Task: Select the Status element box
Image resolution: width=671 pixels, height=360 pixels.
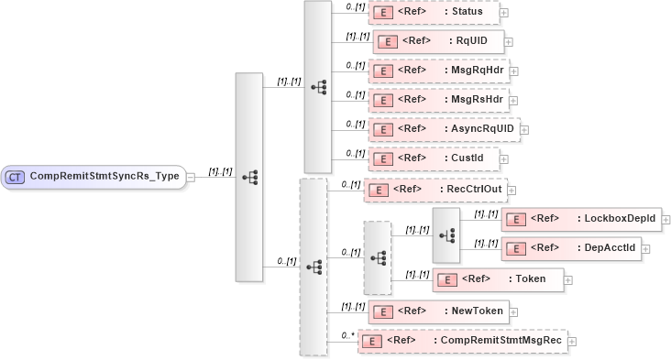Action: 434,13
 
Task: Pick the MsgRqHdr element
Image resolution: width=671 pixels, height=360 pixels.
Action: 438,71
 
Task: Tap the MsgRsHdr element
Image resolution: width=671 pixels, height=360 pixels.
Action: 438,99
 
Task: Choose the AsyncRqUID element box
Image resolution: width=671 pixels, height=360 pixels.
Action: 444,129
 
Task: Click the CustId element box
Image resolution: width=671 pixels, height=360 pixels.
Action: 434,158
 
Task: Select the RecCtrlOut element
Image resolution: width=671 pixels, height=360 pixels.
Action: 435,190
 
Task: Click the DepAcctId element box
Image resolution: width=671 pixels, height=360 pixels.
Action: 571,247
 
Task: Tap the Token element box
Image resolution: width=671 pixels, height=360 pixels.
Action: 498,279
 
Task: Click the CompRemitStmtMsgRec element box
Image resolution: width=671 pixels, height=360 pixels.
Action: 462,341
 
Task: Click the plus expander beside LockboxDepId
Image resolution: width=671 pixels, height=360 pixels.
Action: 666,220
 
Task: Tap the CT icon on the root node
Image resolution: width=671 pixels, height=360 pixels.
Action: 15,176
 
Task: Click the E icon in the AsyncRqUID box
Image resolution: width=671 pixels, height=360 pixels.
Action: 382,129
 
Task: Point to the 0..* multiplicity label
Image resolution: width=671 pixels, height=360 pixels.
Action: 347,335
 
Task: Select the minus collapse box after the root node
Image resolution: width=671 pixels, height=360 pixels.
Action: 191,176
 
